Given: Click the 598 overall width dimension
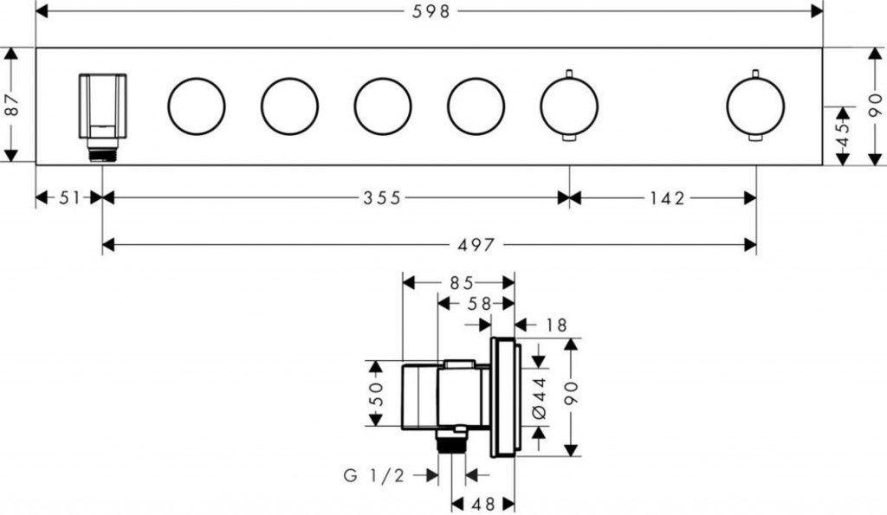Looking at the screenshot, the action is [431, 11].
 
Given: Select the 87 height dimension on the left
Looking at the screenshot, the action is [11, 105].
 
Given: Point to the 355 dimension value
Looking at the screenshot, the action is [382, 198].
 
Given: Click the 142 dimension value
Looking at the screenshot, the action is [667, 198].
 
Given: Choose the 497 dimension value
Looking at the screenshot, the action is [476, 245].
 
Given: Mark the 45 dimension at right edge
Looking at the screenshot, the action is [843, 136].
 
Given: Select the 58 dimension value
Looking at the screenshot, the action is [480, 304].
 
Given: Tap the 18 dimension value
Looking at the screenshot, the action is [557, 325].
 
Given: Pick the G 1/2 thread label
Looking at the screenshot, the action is [374, 476].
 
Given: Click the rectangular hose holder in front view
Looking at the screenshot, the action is [102, 106].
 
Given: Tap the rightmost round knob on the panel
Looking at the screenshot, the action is [755, 106].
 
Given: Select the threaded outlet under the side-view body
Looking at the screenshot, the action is [451, 441].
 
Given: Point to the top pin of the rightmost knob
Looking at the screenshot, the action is [754, 74].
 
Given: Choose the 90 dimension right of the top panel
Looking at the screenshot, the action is [875, 106].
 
